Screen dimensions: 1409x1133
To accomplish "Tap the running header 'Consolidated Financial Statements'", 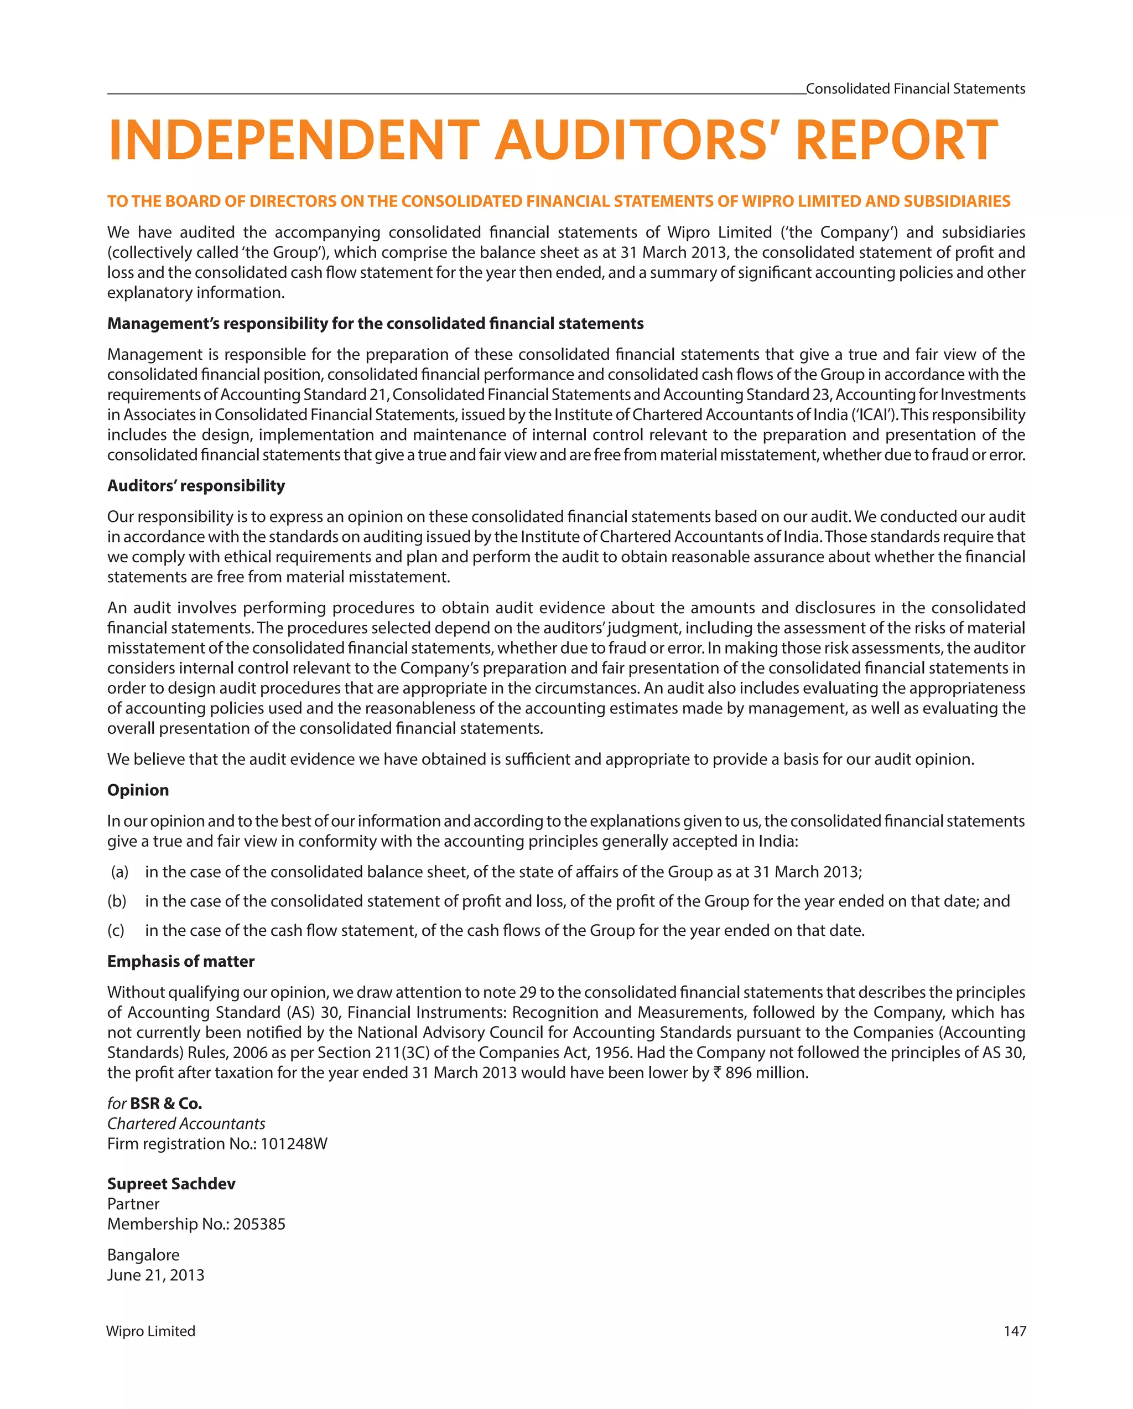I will (915, 89).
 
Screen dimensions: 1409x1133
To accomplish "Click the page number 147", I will (1014, 1331).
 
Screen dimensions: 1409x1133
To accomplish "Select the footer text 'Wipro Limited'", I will (151, 1331).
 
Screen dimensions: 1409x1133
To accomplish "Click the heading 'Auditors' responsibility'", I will (196, 485).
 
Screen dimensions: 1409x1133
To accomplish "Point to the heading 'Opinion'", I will (138, 790).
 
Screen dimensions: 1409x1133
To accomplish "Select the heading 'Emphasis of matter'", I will (181, 961).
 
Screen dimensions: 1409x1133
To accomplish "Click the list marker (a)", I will (119, 872).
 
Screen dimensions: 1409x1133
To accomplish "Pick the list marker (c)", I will (116, 931).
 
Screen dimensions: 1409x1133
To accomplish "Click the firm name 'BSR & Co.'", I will (166, 1104).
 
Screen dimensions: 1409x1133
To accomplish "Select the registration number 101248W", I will (293, 1144).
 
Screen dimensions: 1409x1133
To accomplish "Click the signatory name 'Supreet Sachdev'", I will (171, 1184).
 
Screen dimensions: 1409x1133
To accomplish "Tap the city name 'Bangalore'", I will (143, 1255).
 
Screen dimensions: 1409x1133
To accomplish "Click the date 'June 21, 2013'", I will (155, 1275).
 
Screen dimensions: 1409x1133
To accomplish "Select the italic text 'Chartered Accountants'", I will (186, 1123).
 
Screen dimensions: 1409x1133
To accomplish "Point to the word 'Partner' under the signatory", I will (133, 1204).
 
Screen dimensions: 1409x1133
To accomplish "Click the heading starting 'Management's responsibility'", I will (375, 324).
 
